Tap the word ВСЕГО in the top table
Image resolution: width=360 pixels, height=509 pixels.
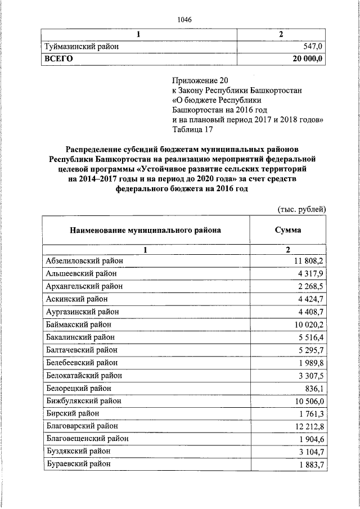coord(59,58)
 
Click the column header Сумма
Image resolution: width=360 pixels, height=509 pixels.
coord(287,230)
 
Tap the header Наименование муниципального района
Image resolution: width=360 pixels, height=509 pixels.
coord(145,230)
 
